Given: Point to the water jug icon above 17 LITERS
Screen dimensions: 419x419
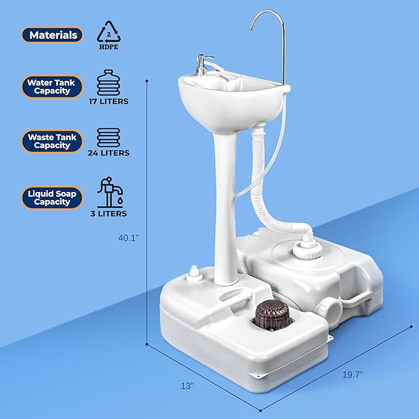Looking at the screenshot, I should [112, 81].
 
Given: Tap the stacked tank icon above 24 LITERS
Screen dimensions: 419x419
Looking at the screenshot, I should [112, 136].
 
